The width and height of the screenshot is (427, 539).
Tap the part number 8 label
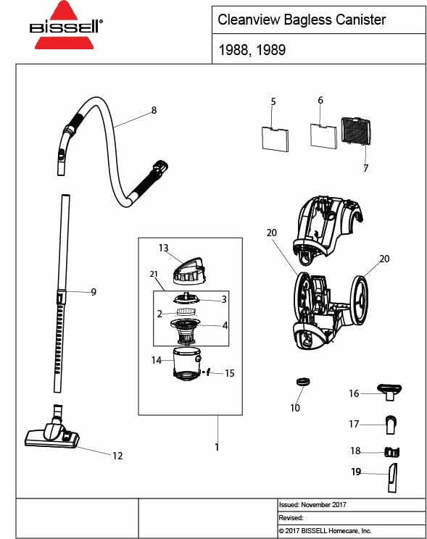(x=154, y=110)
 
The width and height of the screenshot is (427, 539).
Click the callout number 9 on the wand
(x=94, y=292)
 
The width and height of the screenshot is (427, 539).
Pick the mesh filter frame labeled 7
(x=355, y=132)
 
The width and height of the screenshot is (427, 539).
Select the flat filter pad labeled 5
(x=275, y=137)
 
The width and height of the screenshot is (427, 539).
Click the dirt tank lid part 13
(x=188, y=268)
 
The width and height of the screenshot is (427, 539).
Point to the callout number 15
(x=230, y=374)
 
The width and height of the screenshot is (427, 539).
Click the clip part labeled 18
(x=392, y=451)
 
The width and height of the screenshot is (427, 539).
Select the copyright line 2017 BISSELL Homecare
(x=326, y=531)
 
